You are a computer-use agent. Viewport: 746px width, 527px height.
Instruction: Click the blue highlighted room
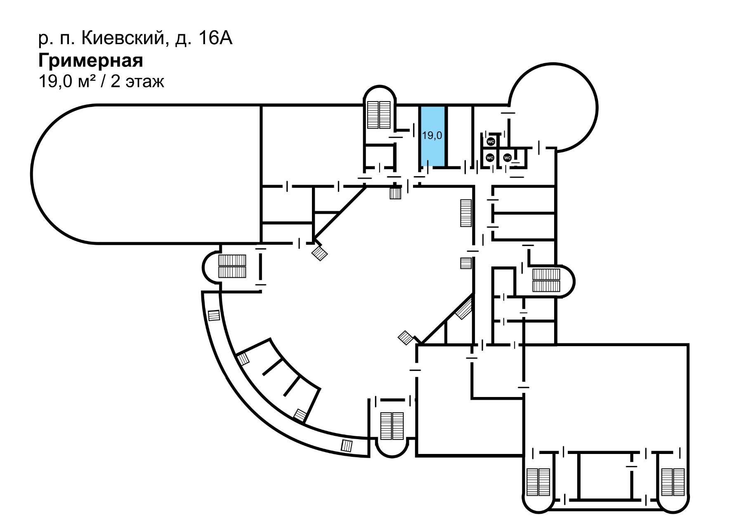click(432, 136)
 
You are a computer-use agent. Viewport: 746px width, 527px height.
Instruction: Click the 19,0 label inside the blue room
click(432, 135)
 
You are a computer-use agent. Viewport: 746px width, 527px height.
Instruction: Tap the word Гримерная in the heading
click(91, 61)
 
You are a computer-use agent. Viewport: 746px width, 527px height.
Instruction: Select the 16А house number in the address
click(215, 39)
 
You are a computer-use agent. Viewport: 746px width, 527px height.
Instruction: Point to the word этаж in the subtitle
click(145, 82)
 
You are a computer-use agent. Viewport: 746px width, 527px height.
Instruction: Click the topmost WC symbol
click(491, 142)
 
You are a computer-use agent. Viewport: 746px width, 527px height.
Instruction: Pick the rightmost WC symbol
click(508, 158)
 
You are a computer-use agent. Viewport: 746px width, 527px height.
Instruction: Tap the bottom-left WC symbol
click(490, 158)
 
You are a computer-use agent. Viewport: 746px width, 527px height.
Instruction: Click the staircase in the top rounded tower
click(380, 114)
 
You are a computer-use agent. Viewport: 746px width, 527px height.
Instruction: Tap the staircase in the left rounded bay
click(232, 266)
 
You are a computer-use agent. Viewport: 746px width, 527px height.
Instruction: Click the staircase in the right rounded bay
click(546, 280)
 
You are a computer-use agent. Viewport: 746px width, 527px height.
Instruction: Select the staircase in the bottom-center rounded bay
click(392, 425)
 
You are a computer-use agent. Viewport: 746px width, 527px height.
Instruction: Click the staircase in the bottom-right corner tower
click(673, 482)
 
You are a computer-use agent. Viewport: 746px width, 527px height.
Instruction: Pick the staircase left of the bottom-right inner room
click(538, 482)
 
